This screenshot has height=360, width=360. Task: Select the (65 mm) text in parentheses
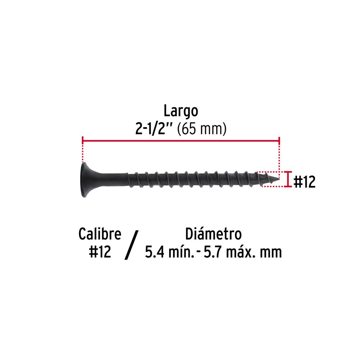[202, 129]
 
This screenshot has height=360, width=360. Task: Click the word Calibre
[100, 234]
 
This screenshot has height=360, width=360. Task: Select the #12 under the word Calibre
[100, 252]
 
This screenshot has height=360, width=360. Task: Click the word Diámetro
[213, 234]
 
